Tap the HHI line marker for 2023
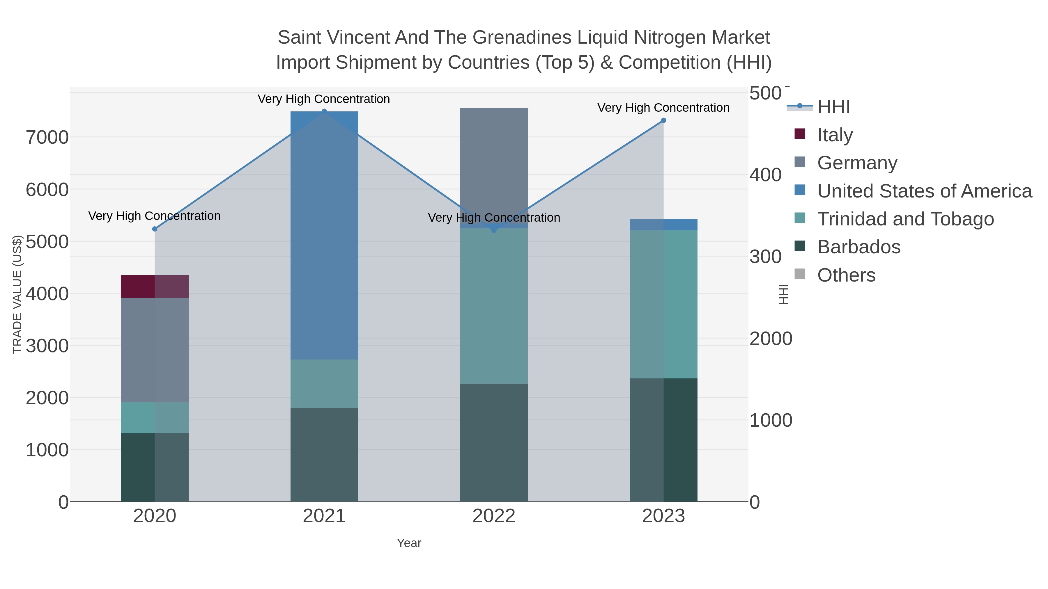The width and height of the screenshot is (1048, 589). pyautogui.click(x=663, y=120)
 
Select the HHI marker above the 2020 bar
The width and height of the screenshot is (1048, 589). pyautogui.click(x=155, y=229)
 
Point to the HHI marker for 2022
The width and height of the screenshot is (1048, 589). pyautogui.click(x=494, y=230)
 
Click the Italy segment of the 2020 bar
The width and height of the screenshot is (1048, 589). pyautogui.click(x=155, y=287)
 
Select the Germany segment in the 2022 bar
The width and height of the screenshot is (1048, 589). pyautogui.click(x=494, y=163)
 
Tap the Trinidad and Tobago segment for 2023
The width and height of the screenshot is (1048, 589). pyautogui.click(x=663, y=305)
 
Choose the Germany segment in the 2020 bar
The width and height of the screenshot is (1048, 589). pyautogui.click(x=155, y=350)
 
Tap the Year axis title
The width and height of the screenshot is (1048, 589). pyautogui.click(x=409, y=543)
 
